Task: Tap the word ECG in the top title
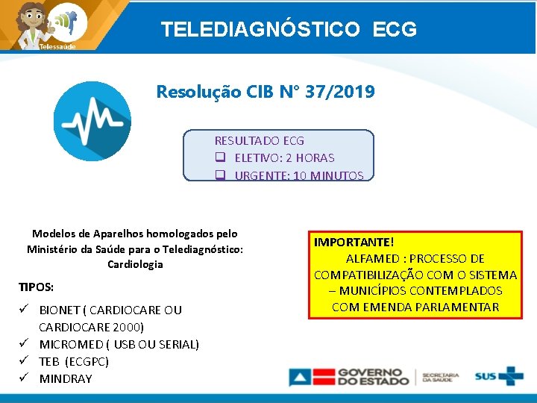(392, 30)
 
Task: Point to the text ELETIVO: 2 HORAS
(284, 157)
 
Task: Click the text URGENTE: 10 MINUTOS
(298, 176)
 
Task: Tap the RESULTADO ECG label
(260, 140)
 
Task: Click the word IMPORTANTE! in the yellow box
(354, 243)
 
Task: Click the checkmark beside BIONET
(25, 309)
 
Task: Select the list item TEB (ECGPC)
(74, 361)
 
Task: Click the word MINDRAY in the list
(66, 378)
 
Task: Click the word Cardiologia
(135, 264)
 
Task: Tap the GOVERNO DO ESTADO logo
(350, 376)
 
